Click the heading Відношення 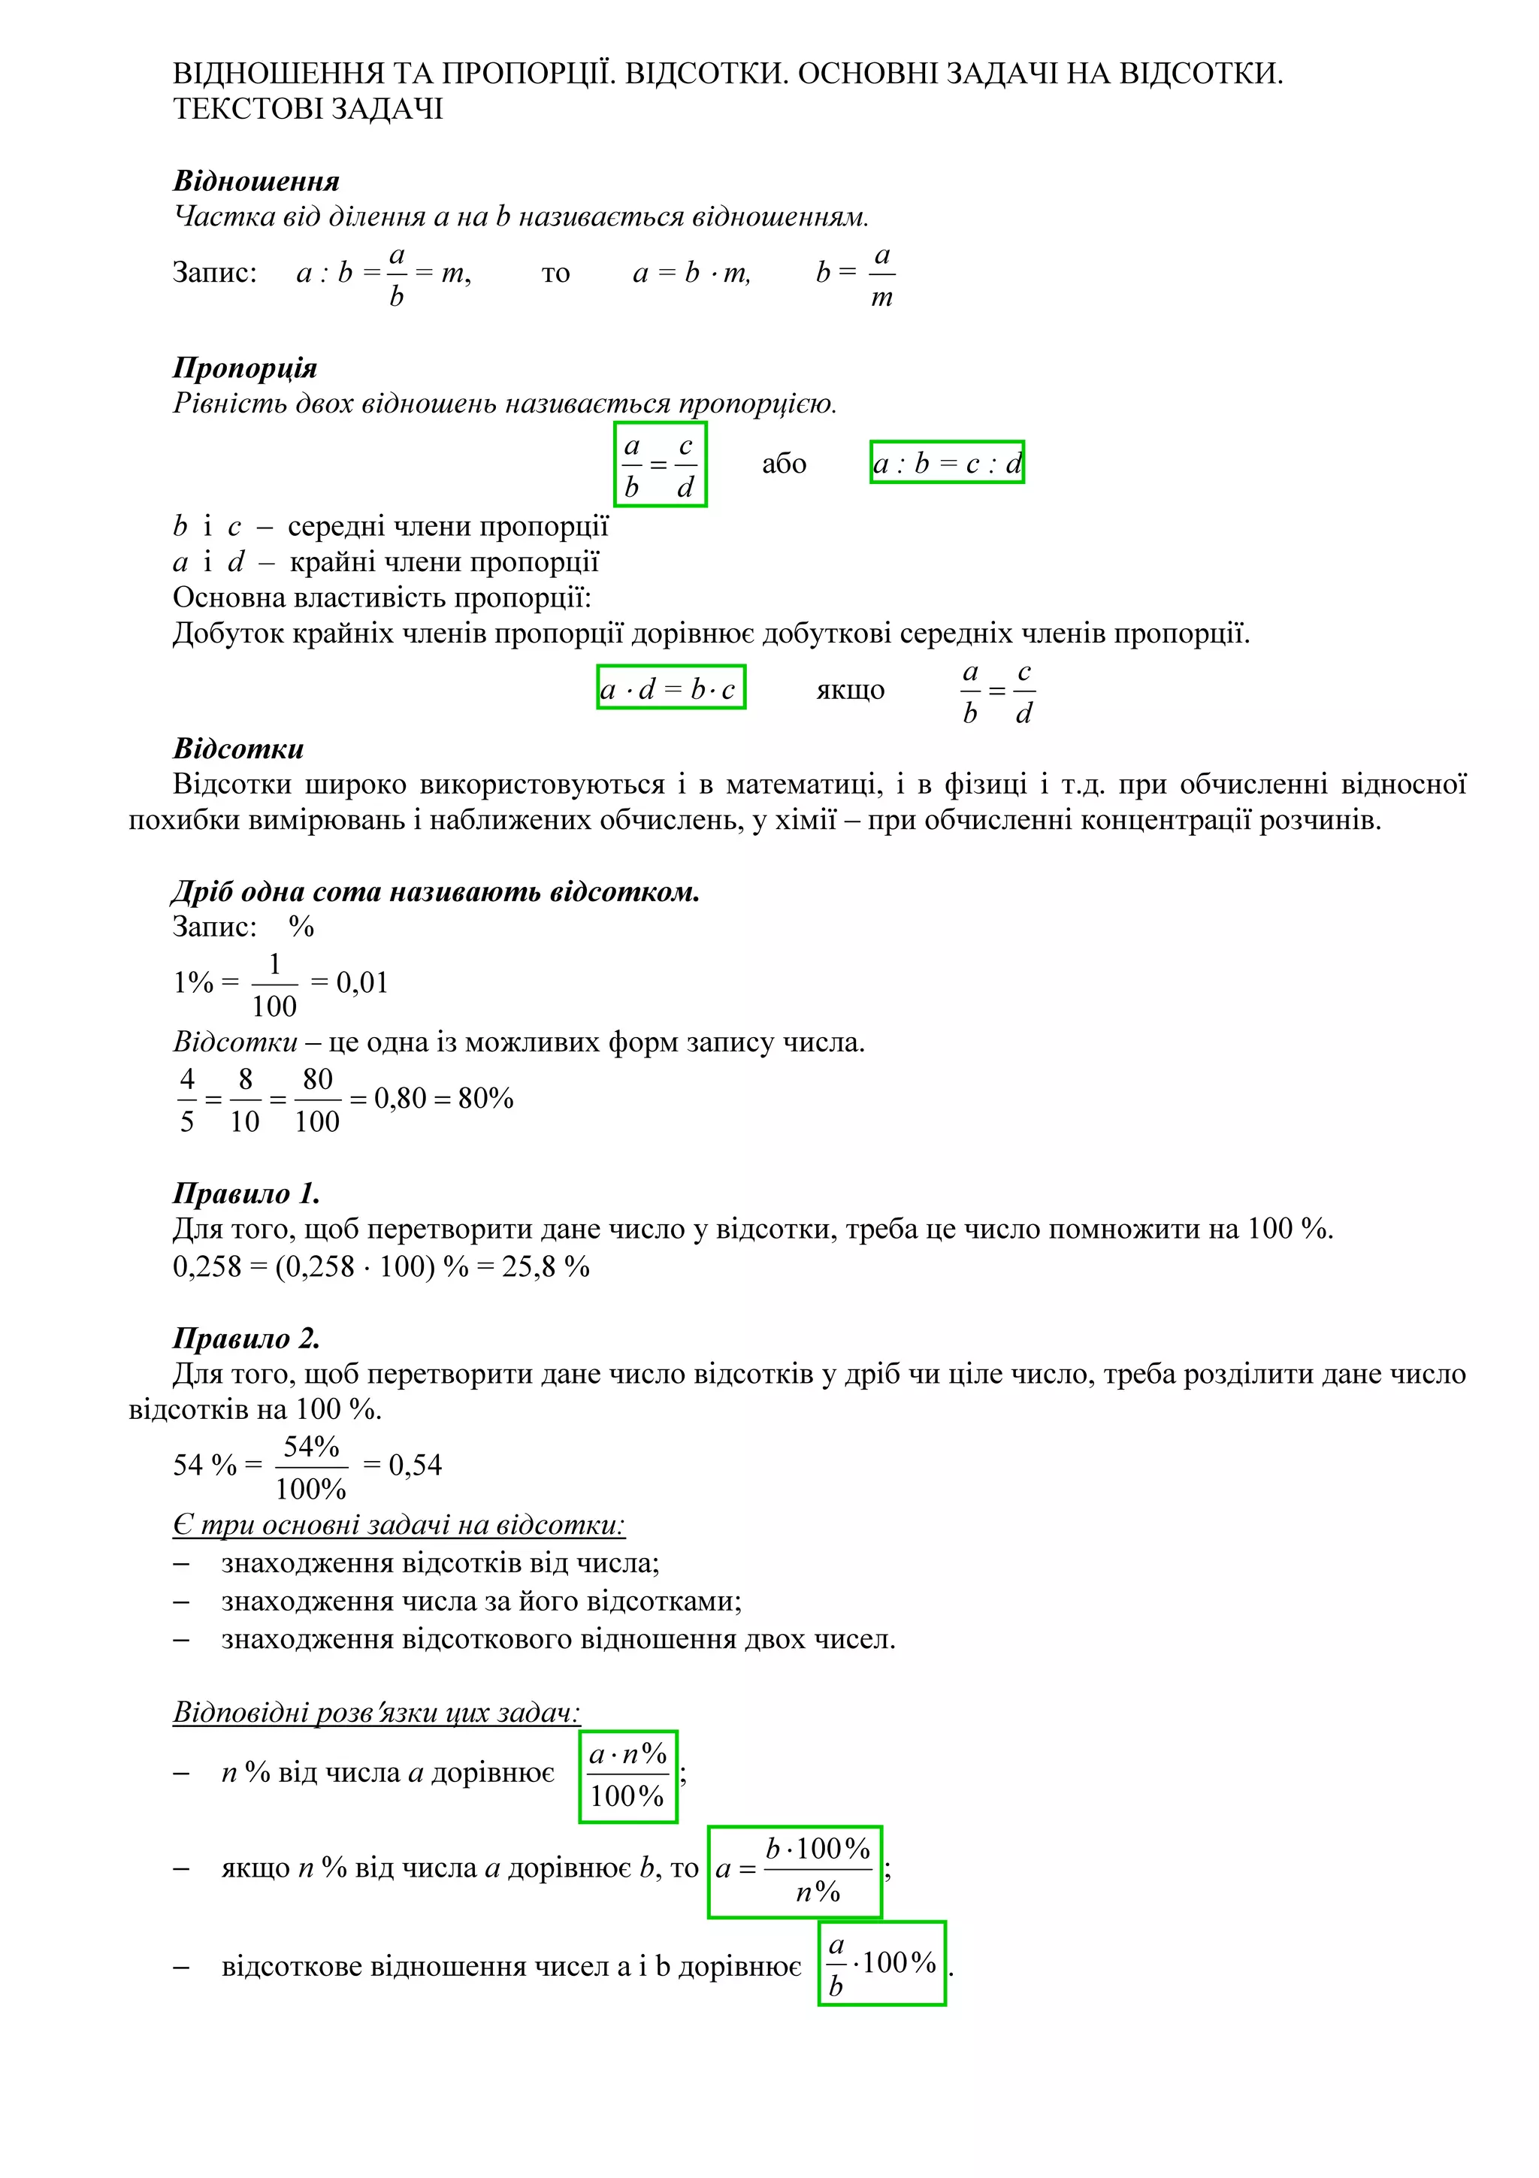click(x=256, y=181)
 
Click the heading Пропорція click(x=245, y=368)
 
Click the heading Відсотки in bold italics click(x=238, y=749)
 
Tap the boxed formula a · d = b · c click(x=670, y=688)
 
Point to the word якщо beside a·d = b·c click(x=851, y=690)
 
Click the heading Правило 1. click(x=246, y=1193)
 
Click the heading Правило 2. click(x=246, y=1339)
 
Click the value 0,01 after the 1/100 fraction click(x=362, y=983)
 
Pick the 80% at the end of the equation click(x=485, y=1099)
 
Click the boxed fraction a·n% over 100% click(x=627, y=1776)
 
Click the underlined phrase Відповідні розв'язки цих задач click(x=376, y=1712)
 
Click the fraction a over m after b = click(x=882, y=275)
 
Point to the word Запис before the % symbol click(x=214, y=927)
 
